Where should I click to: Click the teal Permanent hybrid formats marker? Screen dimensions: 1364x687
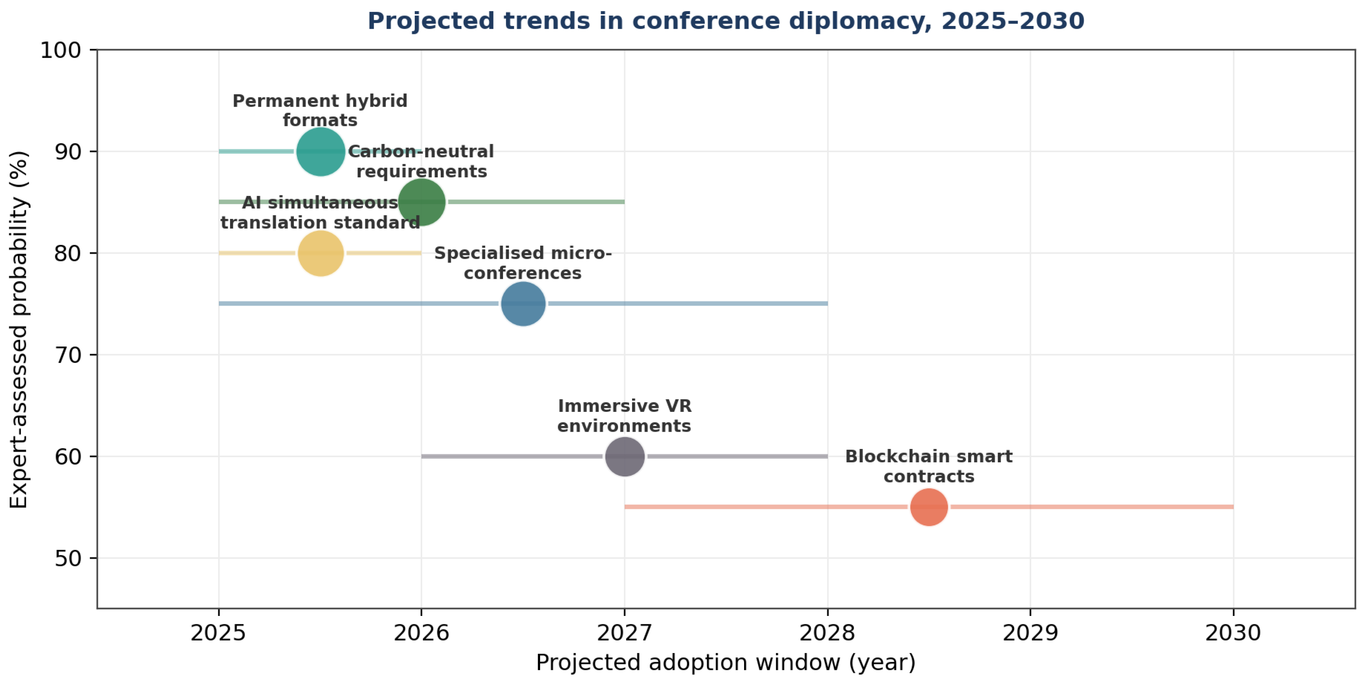point(320,151)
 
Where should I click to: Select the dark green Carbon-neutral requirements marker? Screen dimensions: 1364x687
point(421,202)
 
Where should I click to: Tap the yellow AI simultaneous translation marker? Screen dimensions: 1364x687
point(320,253)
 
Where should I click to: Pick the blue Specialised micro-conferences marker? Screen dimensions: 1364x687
point(523,303)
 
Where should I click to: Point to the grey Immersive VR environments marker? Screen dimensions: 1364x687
point(625,456)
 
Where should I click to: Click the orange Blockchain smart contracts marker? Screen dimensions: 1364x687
point(929,507)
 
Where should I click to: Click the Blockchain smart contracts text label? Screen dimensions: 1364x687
point(929,466)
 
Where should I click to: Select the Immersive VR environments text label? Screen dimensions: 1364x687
point(624,416)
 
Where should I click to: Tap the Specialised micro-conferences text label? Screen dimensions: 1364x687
point(523,263)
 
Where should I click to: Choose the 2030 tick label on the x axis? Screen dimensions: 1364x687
point(1233,633)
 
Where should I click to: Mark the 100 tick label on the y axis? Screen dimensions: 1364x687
point(61,50)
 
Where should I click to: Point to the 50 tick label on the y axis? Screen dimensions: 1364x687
point(68,558)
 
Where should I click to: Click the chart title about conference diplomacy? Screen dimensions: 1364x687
point(726,21)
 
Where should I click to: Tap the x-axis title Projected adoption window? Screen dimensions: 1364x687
point(726,663)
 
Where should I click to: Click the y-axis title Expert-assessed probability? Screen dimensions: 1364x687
point(19,329)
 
